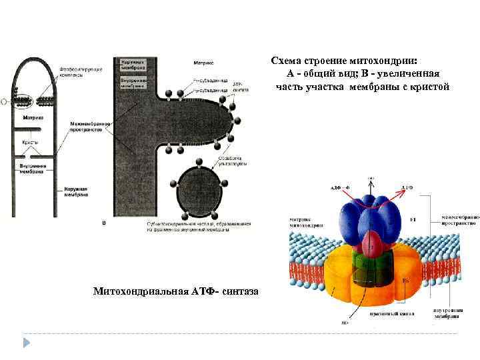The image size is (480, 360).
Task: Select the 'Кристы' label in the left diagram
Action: click(x=29, y=143)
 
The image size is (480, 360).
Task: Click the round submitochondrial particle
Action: click(x=199, y=193)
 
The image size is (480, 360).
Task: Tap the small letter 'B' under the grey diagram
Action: click(x=103, y=223)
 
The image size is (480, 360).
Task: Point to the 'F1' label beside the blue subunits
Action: click(x=413, y=219)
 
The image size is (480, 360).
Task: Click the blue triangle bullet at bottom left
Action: click(x=27, y=343)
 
